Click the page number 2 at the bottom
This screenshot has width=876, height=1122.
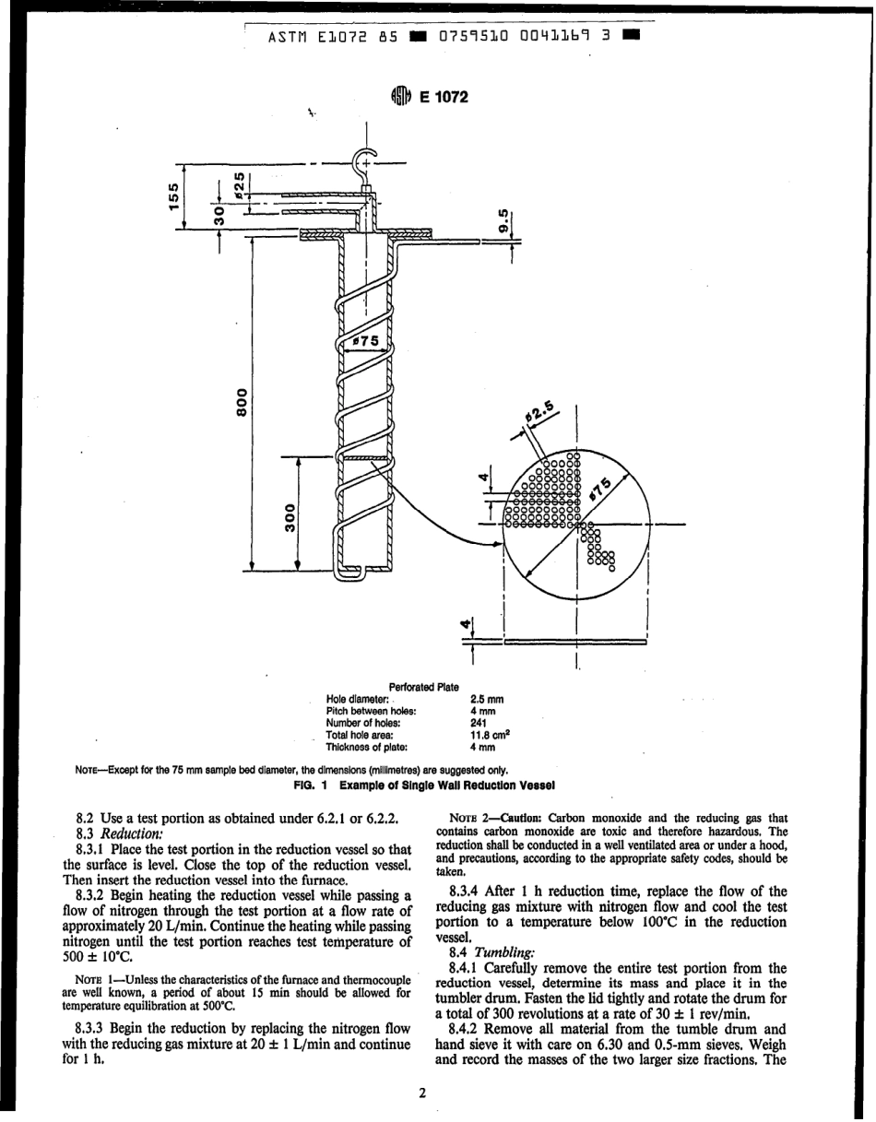(x=421, y=1095)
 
